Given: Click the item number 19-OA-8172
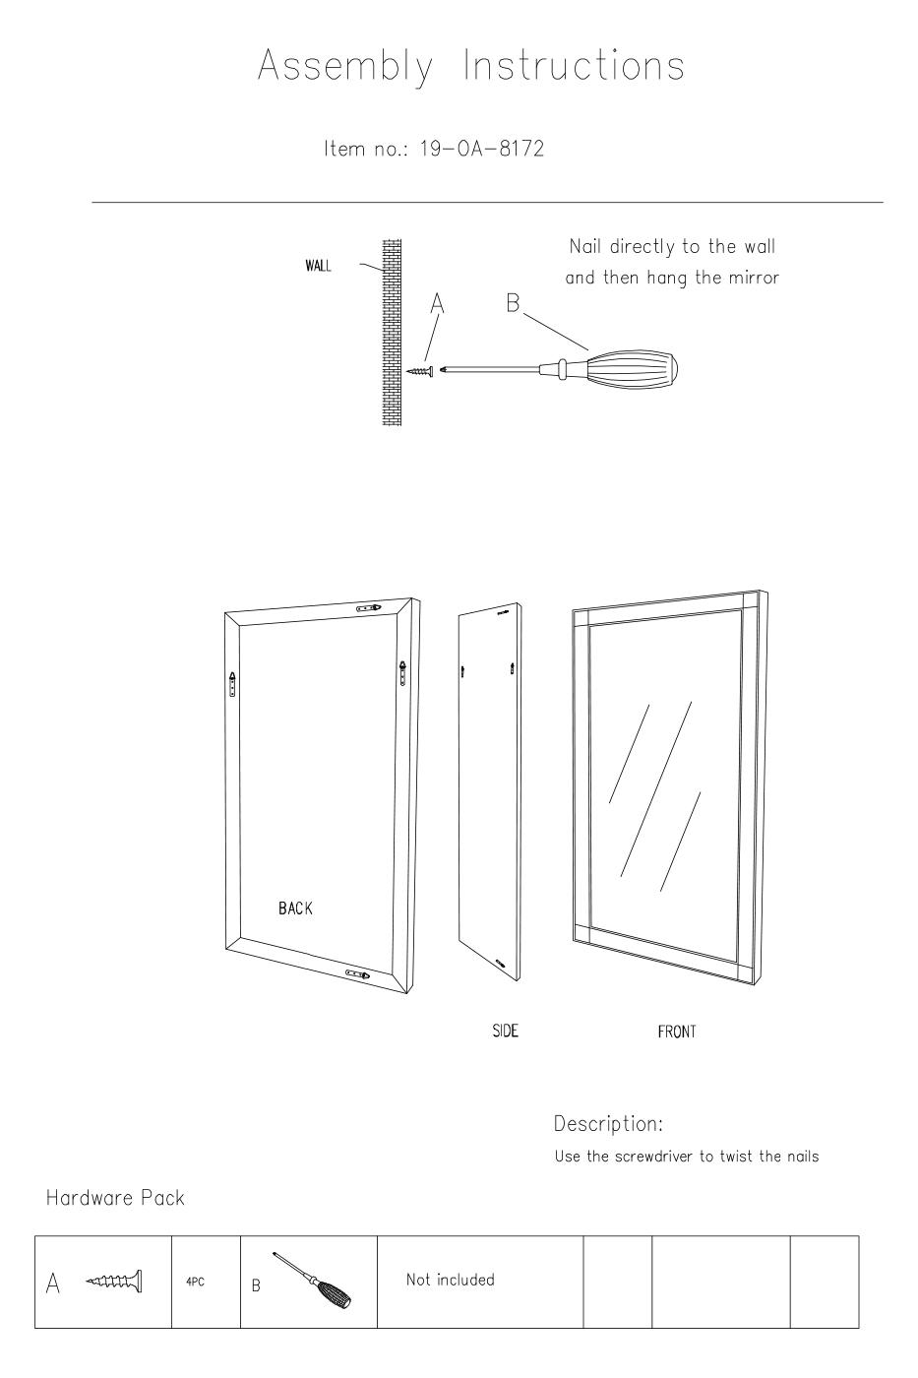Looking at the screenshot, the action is (x=481, y=149).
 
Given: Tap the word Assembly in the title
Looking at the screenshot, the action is (x=345, y=66).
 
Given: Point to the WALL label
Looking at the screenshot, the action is (x=318, y=266).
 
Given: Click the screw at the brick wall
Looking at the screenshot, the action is (x=422, y=371).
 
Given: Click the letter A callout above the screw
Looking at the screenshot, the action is (x=437, y=303).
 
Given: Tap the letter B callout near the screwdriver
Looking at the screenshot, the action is (x=513, y=303).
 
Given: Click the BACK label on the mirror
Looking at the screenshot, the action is (x=295, y=908).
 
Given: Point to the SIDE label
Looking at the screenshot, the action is (x=506, y=1031).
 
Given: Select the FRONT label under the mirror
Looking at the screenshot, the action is (x=676, y=1032).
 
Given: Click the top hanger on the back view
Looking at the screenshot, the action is (x=369, y=608).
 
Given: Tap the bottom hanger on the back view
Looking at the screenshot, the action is (x=357, y=973).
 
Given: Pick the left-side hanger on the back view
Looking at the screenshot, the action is (x=232, y=684).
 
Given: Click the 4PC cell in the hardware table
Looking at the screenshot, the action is (x=195, y=1282).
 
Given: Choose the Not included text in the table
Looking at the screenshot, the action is (x=450, y=1280).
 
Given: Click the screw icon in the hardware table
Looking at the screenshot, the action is (x=114, y=1282).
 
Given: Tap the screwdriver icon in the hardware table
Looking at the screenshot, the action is (x=312, y=1281).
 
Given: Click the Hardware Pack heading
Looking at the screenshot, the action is (x=115, y=1198).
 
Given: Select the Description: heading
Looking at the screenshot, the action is (x=608, y=1124).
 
